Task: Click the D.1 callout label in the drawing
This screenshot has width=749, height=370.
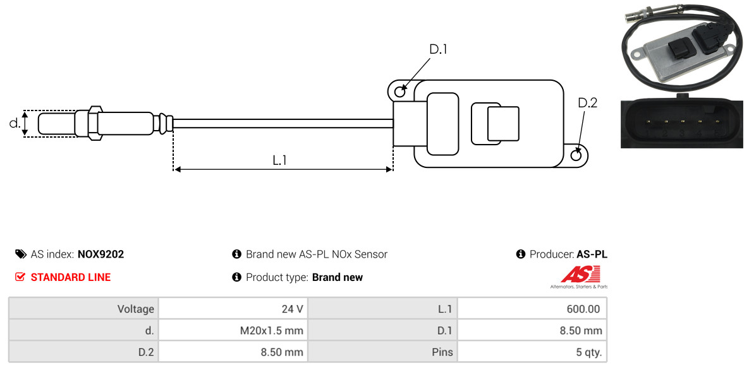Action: [438, 49]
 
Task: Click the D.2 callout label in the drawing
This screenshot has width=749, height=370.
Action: [587, 103]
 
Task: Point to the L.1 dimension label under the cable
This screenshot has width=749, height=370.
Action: [279, 160]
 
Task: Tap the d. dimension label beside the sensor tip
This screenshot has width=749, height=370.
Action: [15, 123]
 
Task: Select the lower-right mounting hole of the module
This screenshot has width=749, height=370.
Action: [576, 155]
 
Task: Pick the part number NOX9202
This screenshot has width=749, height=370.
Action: [100, 254]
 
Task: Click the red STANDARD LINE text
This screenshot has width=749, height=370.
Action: [71, 277]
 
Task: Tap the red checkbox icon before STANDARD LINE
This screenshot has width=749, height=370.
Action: [20, 277]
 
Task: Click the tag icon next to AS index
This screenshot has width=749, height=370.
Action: [20, 254]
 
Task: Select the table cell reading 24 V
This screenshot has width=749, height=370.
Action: [233, 309]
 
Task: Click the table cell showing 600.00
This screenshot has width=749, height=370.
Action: [532, 309]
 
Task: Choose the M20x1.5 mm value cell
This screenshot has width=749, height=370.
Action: [233, 330]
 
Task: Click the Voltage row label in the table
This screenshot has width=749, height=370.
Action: [83, 309]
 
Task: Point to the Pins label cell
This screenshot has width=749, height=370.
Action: [382, 352]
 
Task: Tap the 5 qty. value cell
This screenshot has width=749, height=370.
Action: [532, 352]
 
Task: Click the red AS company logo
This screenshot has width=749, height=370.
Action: [579, 277]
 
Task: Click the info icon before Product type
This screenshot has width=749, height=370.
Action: [236, 277]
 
